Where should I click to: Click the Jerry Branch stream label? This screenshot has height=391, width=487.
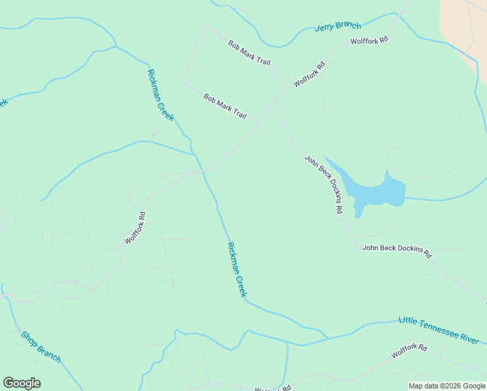[337, 27]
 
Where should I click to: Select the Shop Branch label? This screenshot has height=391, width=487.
[41, 347]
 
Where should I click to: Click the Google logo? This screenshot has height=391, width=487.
[21, 383]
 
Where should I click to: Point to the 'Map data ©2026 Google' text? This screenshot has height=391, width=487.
[447, 386]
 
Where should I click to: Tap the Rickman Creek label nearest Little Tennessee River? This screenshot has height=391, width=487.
[237, 269]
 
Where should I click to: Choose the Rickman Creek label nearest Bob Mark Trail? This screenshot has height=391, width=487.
[161, 95]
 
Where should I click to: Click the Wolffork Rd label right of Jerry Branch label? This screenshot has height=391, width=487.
[369, 40]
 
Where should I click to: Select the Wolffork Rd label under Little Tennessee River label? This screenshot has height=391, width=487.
[409, 351]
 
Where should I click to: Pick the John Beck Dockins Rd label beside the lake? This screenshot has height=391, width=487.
[324, 184]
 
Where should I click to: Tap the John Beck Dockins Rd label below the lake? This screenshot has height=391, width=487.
[397, 251]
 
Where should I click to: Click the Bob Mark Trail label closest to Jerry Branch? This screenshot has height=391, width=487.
[249, 53]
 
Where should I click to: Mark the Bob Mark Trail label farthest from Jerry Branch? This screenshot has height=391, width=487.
[225, 106]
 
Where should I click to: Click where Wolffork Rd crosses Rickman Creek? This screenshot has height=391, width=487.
[203, 170]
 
